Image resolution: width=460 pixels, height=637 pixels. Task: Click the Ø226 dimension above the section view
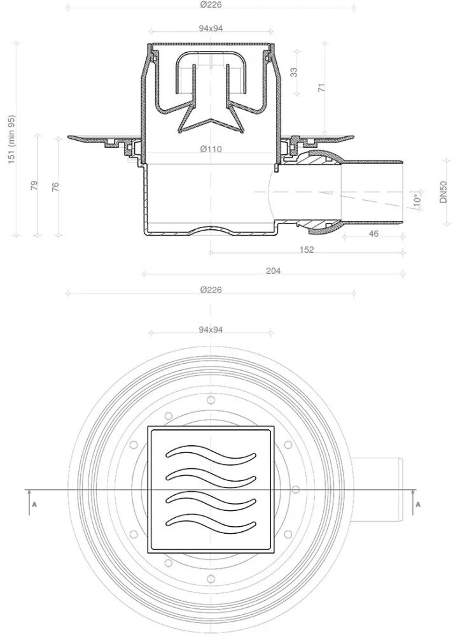click(x=211, y=5)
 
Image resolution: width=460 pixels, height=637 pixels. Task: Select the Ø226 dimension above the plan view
click(x=211, y=290)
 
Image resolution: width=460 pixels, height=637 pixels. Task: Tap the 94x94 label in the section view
click(x=211, y=29)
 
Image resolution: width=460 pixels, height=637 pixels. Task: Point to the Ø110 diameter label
click(x=211, y=149)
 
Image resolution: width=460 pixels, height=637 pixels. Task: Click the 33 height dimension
click(x=294, y=73)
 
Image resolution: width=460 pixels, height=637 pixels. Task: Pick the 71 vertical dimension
click(x=322, y=87)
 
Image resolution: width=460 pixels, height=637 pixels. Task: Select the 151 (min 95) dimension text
click(x=11, y=140)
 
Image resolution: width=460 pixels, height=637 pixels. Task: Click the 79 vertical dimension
click(x=34, y=185)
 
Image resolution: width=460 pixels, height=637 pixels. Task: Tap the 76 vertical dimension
click(x=55, y=187)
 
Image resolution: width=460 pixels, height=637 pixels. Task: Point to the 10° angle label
click(x=417, y=200)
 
